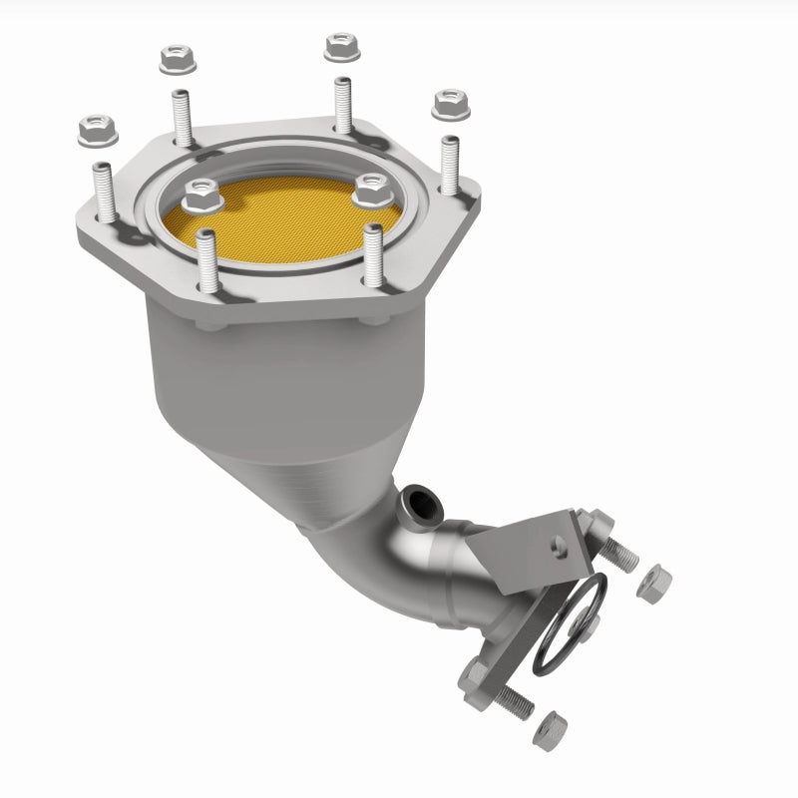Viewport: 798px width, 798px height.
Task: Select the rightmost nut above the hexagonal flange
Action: click(445, 101)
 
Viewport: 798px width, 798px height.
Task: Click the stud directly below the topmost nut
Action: click(343, 104)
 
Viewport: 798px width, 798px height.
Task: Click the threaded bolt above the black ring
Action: click(618, 547)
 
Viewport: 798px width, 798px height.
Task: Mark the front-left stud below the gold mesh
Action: click(208, 264)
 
